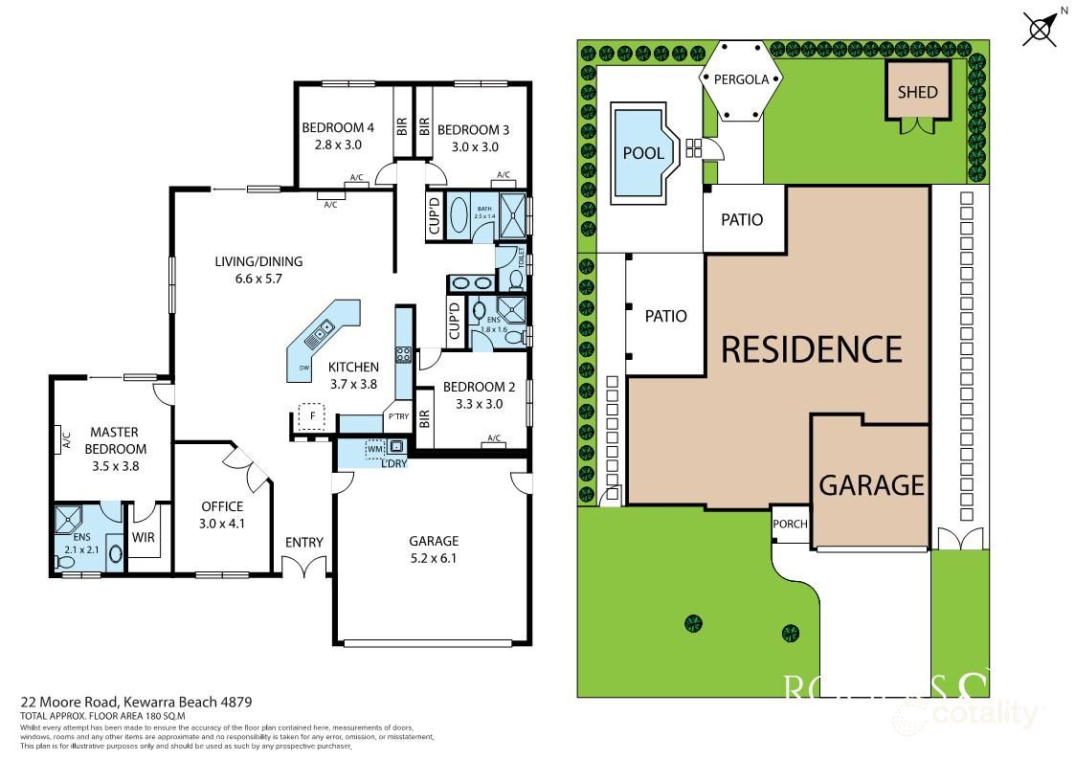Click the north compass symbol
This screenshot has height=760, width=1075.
[1042, 26]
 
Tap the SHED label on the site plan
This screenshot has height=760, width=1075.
[917, 93]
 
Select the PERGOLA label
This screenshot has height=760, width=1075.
[743, 79]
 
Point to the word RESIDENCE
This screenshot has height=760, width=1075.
[811, 349]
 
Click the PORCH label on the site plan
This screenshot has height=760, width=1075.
[790, 524]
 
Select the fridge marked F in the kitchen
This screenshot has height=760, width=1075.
[309, 416]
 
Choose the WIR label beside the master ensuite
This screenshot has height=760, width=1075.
[143, 537]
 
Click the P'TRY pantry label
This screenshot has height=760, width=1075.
[397, 416]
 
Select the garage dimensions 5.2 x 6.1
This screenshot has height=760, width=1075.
[434, 558]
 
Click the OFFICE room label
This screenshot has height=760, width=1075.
[222, 506]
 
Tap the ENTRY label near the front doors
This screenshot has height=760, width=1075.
[304, 543]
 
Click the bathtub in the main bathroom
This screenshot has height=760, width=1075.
[459, 213]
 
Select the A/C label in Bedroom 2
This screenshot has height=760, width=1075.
[494, 438]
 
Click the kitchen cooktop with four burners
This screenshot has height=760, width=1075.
[404, 354]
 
